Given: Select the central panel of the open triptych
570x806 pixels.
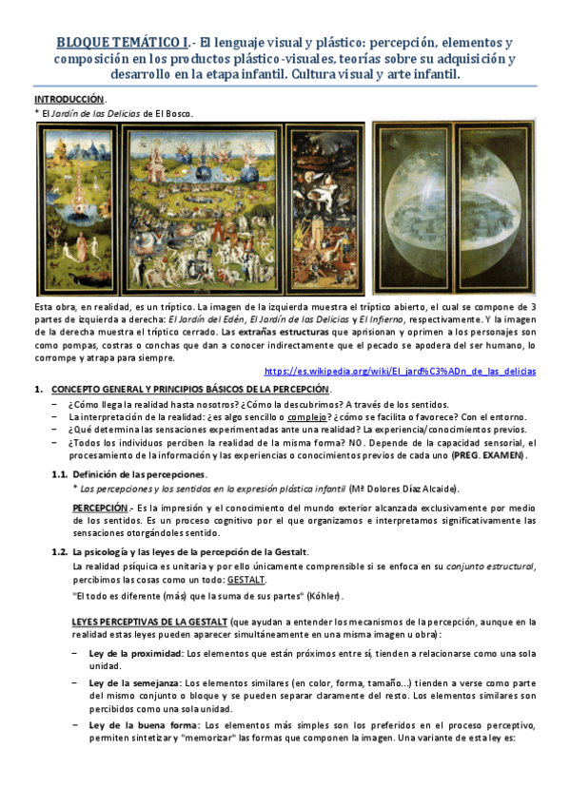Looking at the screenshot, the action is (205, 206).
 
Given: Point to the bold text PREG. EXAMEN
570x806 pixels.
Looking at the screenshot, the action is (487, 455).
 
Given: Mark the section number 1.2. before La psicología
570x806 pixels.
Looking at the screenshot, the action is (60, 551).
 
